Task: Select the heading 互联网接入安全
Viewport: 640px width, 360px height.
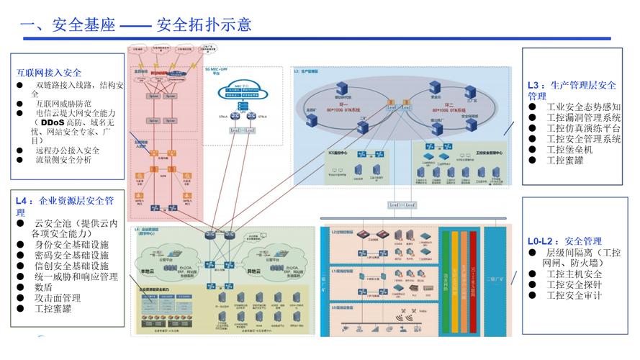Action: tap(49, 73)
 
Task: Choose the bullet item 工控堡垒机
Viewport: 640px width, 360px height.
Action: tap(569, 150)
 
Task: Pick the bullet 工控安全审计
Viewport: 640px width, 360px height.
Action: tap(574, 295)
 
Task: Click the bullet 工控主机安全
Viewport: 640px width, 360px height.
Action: tap(574, 274)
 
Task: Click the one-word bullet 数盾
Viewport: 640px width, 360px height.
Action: tap(44, 287)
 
